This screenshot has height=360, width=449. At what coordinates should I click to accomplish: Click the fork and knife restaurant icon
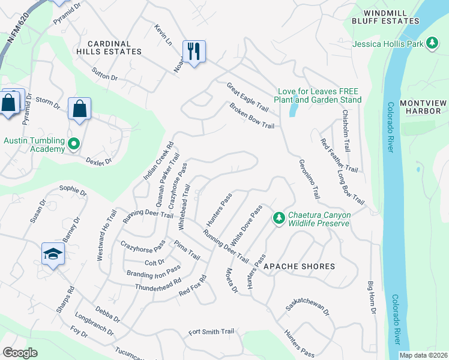coord(194,52)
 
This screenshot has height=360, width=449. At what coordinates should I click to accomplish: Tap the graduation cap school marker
coord(53,254)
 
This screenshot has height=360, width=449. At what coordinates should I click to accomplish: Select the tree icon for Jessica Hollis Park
coord(431,43)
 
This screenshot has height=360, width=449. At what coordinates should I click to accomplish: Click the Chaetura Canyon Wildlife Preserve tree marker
coord(278,217)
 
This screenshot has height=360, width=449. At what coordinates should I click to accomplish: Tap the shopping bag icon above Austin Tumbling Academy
coord(79,109)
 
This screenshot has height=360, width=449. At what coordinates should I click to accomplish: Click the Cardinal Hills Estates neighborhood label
coord(115,47)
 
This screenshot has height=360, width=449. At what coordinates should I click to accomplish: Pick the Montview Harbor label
coord(423,107)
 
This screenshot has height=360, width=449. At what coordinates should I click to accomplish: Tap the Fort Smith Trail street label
coord(211,332)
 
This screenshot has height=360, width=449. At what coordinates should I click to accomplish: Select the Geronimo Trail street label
coord(309,179)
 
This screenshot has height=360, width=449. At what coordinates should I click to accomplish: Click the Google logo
coord(20,352)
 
